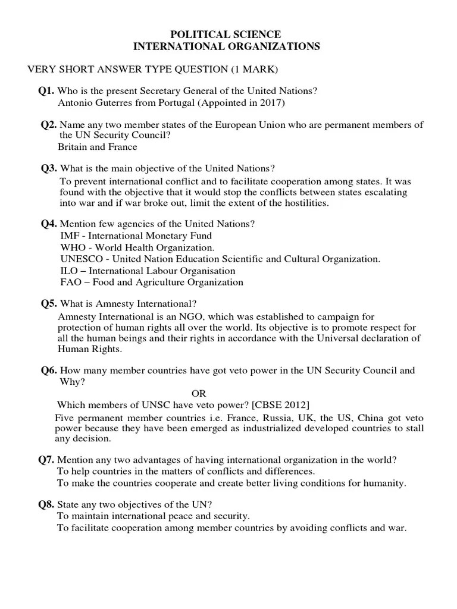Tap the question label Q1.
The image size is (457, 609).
click(46, 90)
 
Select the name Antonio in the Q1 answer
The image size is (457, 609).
click(75, 102)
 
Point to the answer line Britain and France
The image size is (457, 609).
click(97, 146)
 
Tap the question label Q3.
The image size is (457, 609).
click(49, 168)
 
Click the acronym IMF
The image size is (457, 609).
click(69, 236)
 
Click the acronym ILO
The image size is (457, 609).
click(68, 271)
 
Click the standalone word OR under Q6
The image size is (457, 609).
click(199, 393)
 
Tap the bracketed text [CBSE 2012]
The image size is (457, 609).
click(280, 405)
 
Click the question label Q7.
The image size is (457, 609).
click(46, 460)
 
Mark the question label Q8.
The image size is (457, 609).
click(46, 504)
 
